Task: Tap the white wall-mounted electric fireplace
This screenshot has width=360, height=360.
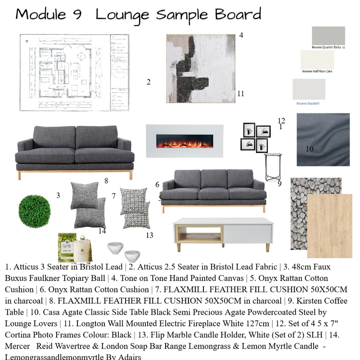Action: [184, 140]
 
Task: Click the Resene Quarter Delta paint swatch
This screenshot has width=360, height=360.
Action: [328, 36]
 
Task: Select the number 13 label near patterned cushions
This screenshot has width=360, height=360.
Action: [149, 235]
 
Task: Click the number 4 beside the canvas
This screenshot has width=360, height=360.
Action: [241, 35]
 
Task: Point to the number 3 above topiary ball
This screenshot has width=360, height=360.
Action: [58, 195]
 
